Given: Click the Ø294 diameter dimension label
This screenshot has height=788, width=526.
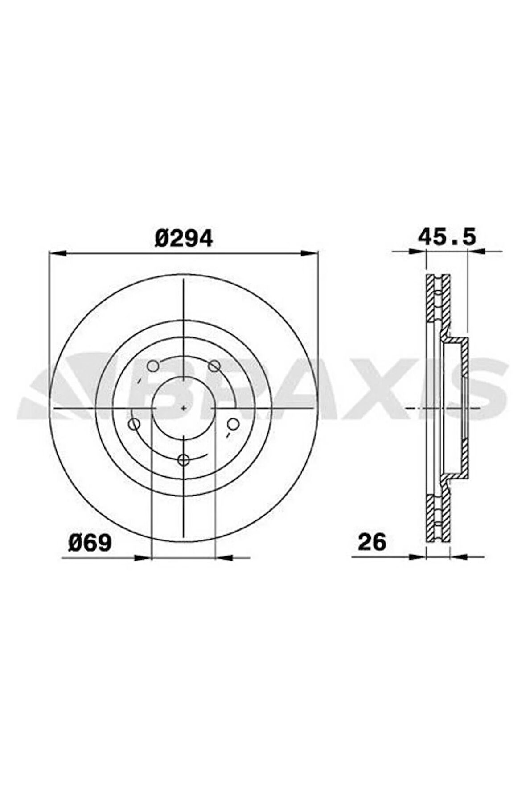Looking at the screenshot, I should [184, 239].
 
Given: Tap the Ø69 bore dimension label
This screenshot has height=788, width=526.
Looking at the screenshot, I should [90, 543].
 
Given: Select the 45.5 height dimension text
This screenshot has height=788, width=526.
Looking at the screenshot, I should [447, 237].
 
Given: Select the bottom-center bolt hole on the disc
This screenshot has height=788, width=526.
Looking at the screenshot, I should [184, 460].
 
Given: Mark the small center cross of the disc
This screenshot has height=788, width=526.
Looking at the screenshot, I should [184, 408].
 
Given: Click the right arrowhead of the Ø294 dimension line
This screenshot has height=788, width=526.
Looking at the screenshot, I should [309, 253].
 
